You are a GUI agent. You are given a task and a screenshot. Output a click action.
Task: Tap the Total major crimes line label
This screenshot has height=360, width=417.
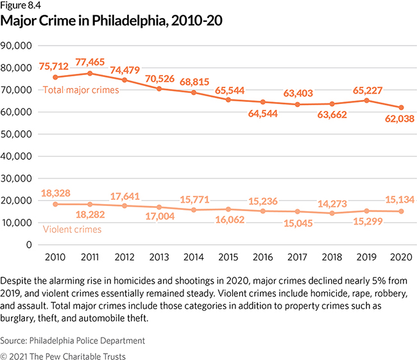click(x=81, y=90)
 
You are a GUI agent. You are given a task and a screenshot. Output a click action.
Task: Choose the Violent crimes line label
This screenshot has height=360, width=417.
click(x=72, y=228)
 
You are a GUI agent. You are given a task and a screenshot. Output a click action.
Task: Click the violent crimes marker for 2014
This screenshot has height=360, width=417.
click(x=190, y=210)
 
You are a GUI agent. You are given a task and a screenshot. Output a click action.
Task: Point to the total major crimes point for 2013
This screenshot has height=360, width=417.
click(x=157, y=89)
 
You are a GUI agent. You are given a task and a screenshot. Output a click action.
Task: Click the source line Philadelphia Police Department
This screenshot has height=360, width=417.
click(x=74, y=341)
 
